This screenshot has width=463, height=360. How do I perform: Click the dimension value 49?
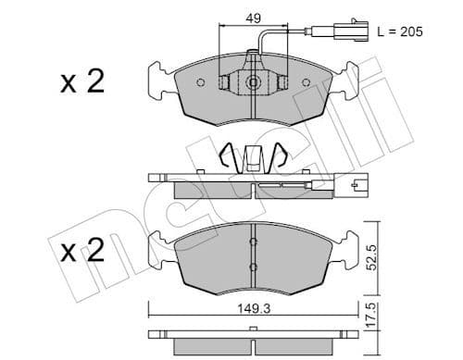click(253, 16)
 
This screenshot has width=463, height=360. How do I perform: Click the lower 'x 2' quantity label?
click(81, 253)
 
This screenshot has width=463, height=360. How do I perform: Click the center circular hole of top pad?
click(253, 82)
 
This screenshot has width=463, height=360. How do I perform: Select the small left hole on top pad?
click(201, 82)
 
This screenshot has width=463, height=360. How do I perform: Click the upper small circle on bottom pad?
click(253, 243)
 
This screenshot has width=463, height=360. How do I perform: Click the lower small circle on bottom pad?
click(253, 267)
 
